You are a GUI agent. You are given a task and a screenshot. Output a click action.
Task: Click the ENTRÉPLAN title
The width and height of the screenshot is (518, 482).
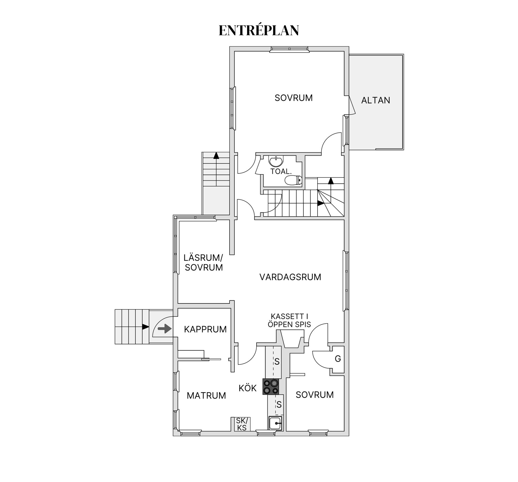(x=259, y=30)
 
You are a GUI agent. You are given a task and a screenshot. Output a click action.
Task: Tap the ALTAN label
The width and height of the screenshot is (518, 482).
(x=376, y=100)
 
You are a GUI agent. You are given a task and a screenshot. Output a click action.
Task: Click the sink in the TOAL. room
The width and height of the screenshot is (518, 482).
(x=276, y=162)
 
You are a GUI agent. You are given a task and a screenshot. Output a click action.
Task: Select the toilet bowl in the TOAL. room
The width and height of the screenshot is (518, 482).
(x=293, y=180)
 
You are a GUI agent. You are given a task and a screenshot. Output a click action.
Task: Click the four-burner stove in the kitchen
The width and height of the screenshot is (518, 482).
(x=271, y=387)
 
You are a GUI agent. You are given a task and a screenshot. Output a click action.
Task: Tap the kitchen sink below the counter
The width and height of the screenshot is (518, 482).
(x=275, y=423)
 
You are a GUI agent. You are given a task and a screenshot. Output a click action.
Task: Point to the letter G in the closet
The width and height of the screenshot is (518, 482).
(x=338, y=359)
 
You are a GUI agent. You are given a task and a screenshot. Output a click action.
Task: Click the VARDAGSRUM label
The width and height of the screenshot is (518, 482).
(x=290, y=277)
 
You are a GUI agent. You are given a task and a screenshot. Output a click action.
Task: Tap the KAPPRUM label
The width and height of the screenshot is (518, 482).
(x=205, y=329)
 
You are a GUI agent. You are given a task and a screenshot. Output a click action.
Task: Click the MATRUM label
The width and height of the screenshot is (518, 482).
(x=206, y=396)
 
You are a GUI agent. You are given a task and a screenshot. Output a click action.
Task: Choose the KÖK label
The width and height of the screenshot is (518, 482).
(x=247, y=388)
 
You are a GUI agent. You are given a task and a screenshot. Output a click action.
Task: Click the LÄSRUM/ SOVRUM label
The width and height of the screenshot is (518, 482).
(x=203, y=262)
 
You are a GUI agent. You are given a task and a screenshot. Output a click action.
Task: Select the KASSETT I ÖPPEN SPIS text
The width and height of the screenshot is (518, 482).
(x=289, y=320)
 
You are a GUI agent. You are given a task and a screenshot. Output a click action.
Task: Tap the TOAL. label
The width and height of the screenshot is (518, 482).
(x=281, y=171)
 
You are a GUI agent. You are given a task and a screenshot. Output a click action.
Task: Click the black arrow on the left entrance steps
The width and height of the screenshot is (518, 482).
(x=145, y=327)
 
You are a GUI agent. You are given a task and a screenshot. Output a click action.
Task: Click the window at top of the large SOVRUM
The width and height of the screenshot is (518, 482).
(x=289, y=49)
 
